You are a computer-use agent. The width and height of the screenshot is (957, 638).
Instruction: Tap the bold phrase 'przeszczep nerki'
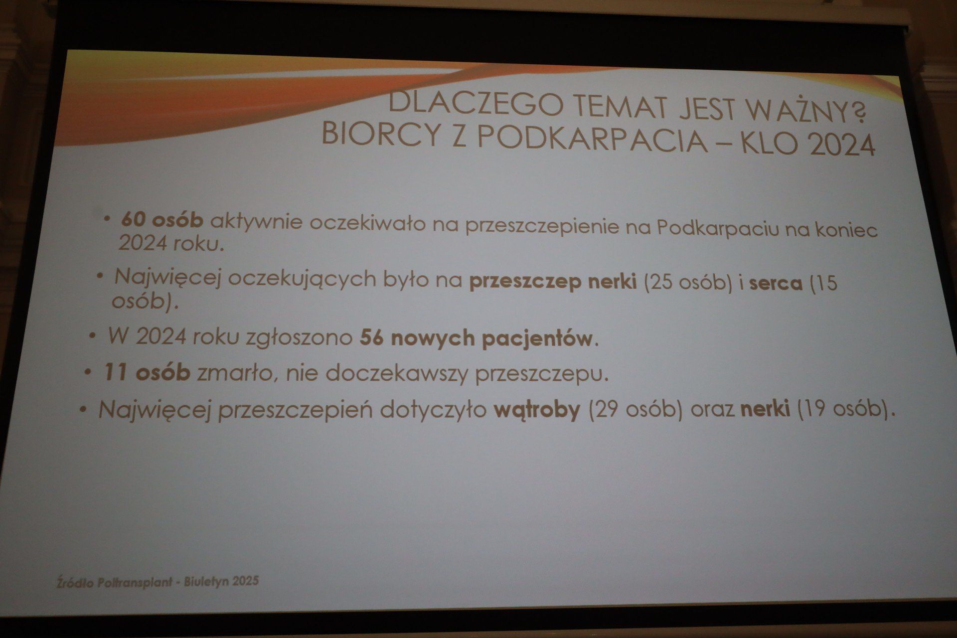point(553,283)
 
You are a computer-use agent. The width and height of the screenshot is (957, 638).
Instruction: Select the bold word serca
point(776,284)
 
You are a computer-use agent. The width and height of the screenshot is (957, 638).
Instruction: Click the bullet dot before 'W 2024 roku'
point(92,336)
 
